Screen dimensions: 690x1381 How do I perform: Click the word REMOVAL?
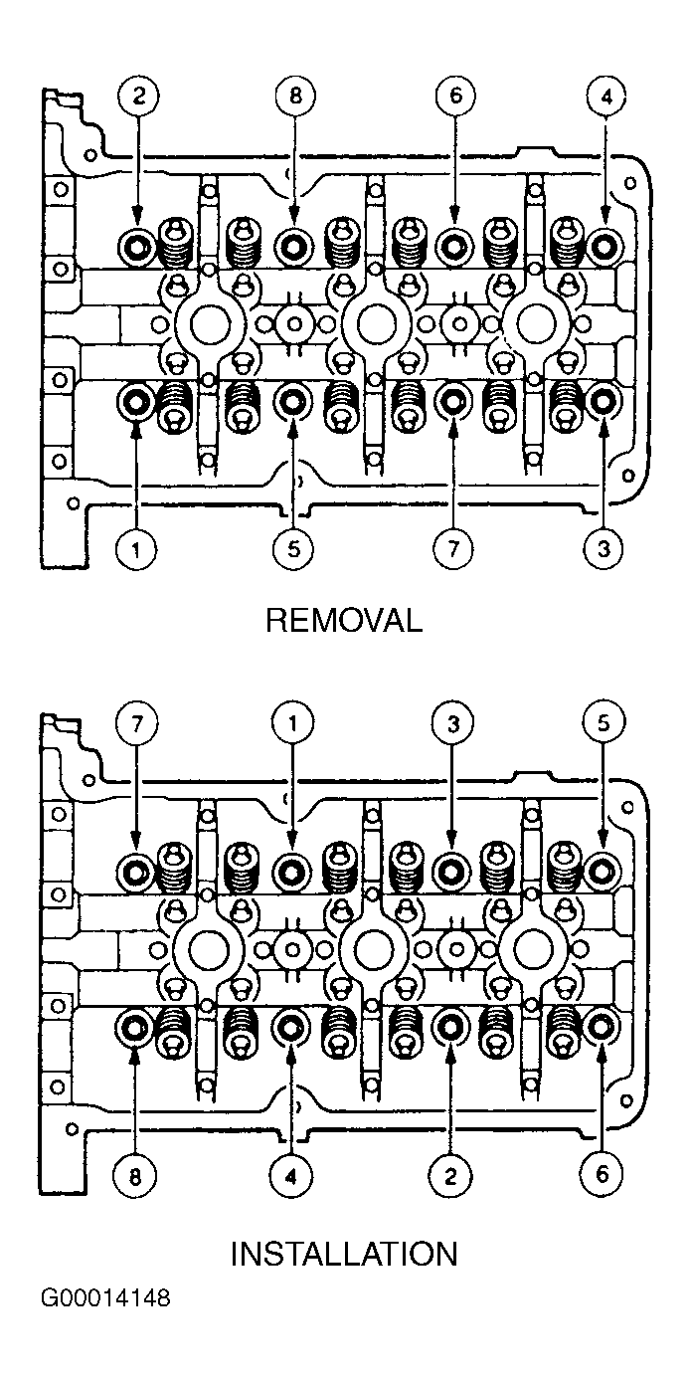pos(344,620)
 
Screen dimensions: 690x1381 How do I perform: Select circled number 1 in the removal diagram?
pos(135,548)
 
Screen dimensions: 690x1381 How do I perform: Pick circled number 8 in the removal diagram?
pos(295,97)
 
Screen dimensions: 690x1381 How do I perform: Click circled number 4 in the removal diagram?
pos(606,97)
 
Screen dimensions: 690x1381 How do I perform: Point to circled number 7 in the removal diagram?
pos(452,548)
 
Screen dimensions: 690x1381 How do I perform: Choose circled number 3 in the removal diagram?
pos(604,548)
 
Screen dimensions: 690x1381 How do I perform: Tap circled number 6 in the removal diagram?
pos(455,97)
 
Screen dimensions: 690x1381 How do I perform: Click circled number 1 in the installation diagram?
pos(292,723)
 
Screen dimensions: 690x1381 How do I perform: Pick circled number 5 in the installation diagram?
pos(604,723)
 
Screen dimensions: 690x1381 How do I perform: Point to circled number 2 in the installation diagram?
pos(450,1177)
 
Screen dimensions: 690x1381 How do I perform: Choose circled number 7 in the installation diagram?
pos(137,723)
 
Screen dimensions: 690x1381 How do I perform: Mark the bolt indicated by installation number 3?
pos(451,872)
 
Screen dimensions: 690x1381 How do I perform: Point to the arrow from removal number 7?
pos(452,474)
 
